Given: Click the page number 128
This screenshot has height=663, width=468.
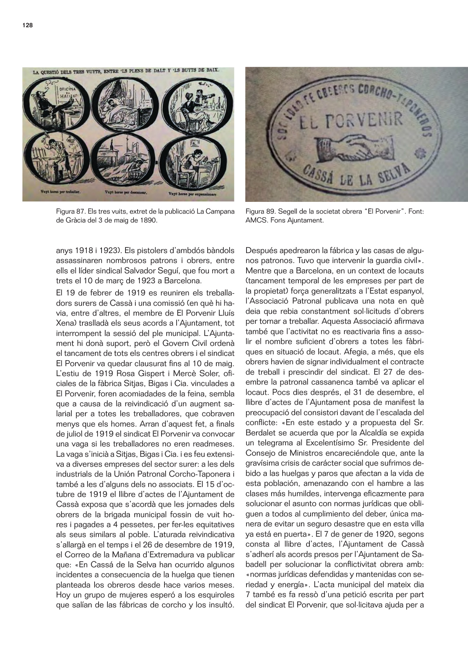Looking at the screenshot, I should click(28, 25).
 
